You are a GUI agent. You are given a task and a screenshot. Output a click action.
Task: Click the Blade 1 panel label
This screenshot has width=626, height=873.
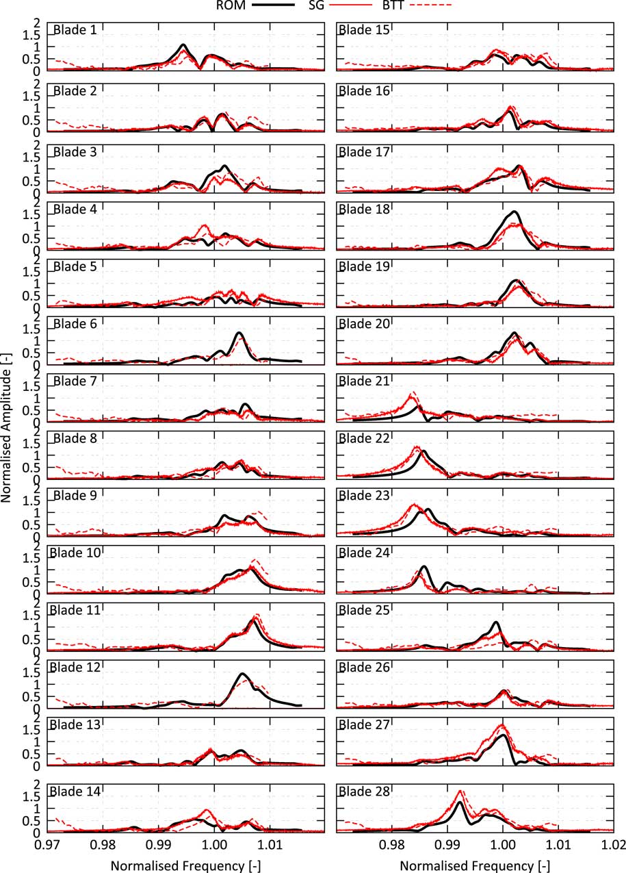coord(72,30)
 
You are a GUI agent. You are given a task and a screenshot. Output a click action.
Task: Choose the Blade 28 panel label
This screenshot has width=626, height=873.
coord(364,792)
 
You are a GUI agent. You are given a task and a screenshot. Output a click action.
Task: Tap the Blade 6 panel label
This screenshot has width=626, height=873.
coord(72,324)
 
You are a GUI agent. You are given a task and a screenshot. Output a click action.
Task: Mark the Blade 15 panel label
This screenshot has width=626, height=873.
coord(364,30)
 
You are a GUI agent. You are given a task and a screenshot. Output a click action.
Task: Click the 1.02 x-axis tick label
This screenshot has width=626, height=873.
coord(613,846)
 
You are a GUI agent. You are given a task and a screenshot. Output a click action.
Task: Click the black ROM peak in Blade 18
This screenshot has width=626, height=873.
coord(513,212)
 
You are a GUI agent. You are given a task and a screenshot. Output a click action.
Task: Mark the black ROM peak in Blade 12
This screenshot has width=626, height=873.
coord(242,674)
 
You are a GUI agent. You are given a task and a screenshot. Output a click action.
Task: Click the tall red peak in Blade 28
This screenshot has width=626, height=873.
coord(460,792)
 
